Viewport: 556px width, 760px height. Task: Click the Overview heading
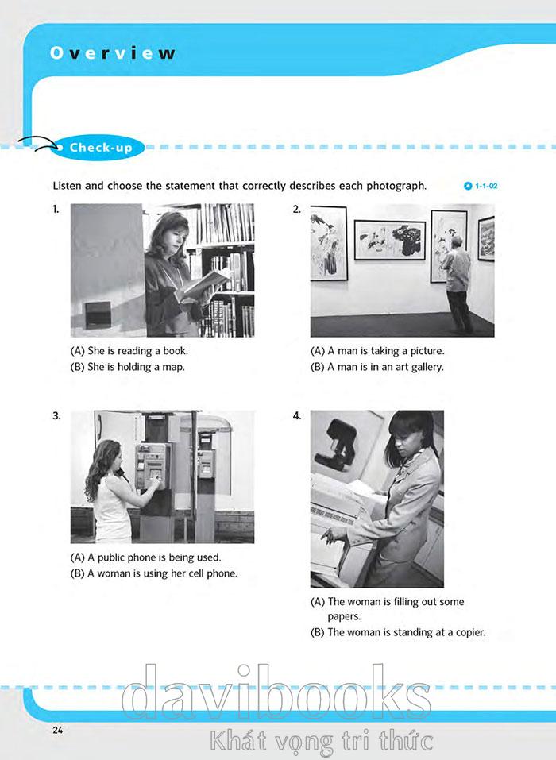[x=113, y=52]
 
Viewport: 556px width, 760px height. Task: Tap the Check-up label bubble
[x=97, y=148]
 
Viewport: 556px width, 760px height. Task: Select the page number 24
[x=58, y=730]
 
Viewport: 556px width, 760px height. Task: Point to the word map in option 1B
[x=173, y=368]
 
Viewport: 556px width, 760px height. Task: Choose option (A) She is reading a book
[x=129, y=350]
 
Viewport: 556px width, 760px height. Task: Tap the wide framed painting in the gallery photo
[x=390, y=240]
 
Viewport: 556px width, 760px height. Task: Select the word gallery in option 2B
[x=427, y=368]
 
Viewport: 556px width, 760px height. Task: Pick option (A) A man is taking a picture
[x=377, y=350]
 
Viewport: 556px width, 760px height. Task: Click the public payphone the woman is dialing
[x=153, y=466]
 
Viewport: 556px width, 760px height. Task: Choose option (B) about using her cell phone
[x=154, y=573]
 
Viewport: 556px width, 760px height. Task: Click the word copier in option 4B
[x=470, y=632]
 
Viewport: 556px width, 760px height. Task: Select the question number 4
[x=296, y=416]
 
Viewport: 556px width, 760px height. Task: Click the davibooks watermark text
[x=276, y=693]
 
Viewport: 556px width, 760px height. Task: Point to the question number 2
[x=296, y=210]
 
